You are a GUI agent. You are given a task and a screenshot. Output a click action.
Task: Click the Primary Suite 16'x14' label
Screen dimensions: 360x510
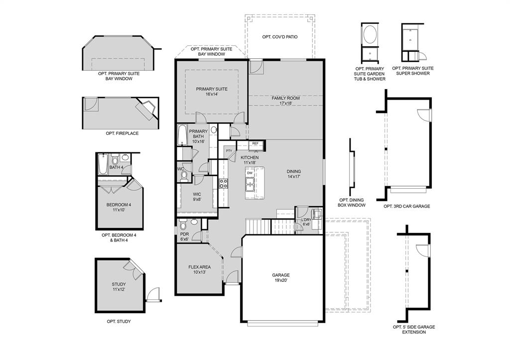pos(212,92)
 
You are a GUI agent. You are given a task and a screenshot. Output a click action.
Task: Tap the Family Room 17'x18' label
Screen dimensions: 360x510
pos(285,101)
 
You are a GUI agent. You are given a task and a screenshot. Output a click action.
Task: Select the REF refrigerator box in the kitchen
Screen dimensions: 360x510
pos(255,143)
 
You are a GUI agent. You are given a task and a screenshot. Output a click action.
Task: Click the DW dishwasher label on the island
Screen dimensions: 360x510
pos(250,173)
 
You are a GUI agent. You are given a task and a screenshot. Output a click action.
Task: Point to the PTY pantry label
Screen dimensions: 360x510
pos(229,151)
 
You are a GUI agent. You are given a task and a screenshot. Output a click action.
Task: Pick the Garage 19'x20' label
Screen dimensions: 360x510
pos(280,277)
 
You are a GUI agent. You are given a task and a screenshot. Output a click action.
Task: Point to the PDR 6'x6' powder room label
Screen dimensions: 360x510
pos(184,237)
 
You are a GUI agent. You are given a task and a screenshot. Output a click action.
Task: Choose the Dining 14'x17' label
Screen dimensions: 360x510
pos(293,174)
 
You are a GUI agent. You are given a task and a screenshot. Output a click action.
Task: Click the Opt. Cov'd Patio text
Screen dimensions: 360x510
pos(280,37)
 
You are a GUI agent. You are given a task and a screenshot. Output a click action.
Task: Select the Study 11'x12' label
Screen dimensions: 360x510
pos(119,287)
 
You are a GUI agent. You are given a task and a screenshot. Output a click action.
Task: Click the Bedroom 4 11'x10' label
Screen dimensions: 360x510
pos(119,207)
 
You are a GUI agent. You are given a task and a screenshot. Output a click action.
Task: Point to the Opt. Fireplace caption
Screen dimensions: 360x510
pos(122,133)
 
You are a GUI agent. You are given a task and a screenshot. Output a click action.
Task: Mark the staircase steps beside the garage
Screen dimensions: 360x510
pos(258,227)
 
